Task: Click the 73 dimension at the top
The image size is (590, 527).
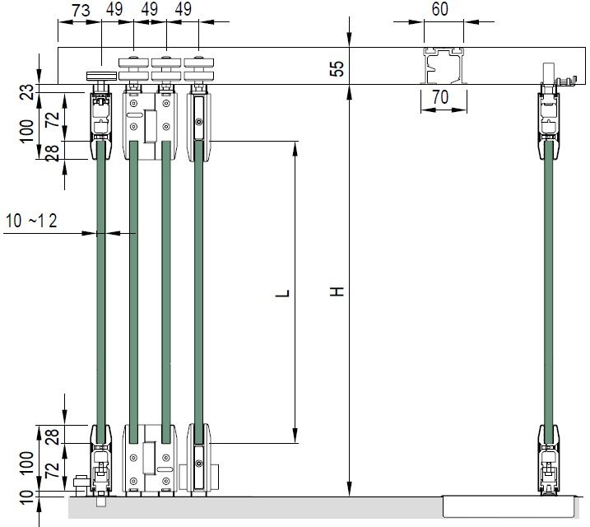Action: point(81,11)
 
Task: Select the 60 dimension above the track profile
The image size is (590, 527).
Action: point(440,9)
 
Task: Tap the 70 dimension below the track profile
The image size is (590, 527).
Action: point(440,97)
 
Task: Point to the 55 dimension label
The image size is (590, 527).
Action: point(337,69)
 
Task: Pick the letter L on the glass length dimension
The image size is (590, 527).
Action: point(282,293)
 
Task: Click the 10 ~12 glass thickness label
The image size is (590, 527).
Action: point(31,221)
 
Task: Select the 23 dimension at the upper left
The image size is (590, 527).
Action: point(26,91)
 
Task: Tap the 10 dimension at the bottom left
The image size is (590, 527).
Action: point(26,497)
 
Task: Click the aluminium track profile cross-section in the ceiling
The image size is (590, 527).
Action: point(444,66)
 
